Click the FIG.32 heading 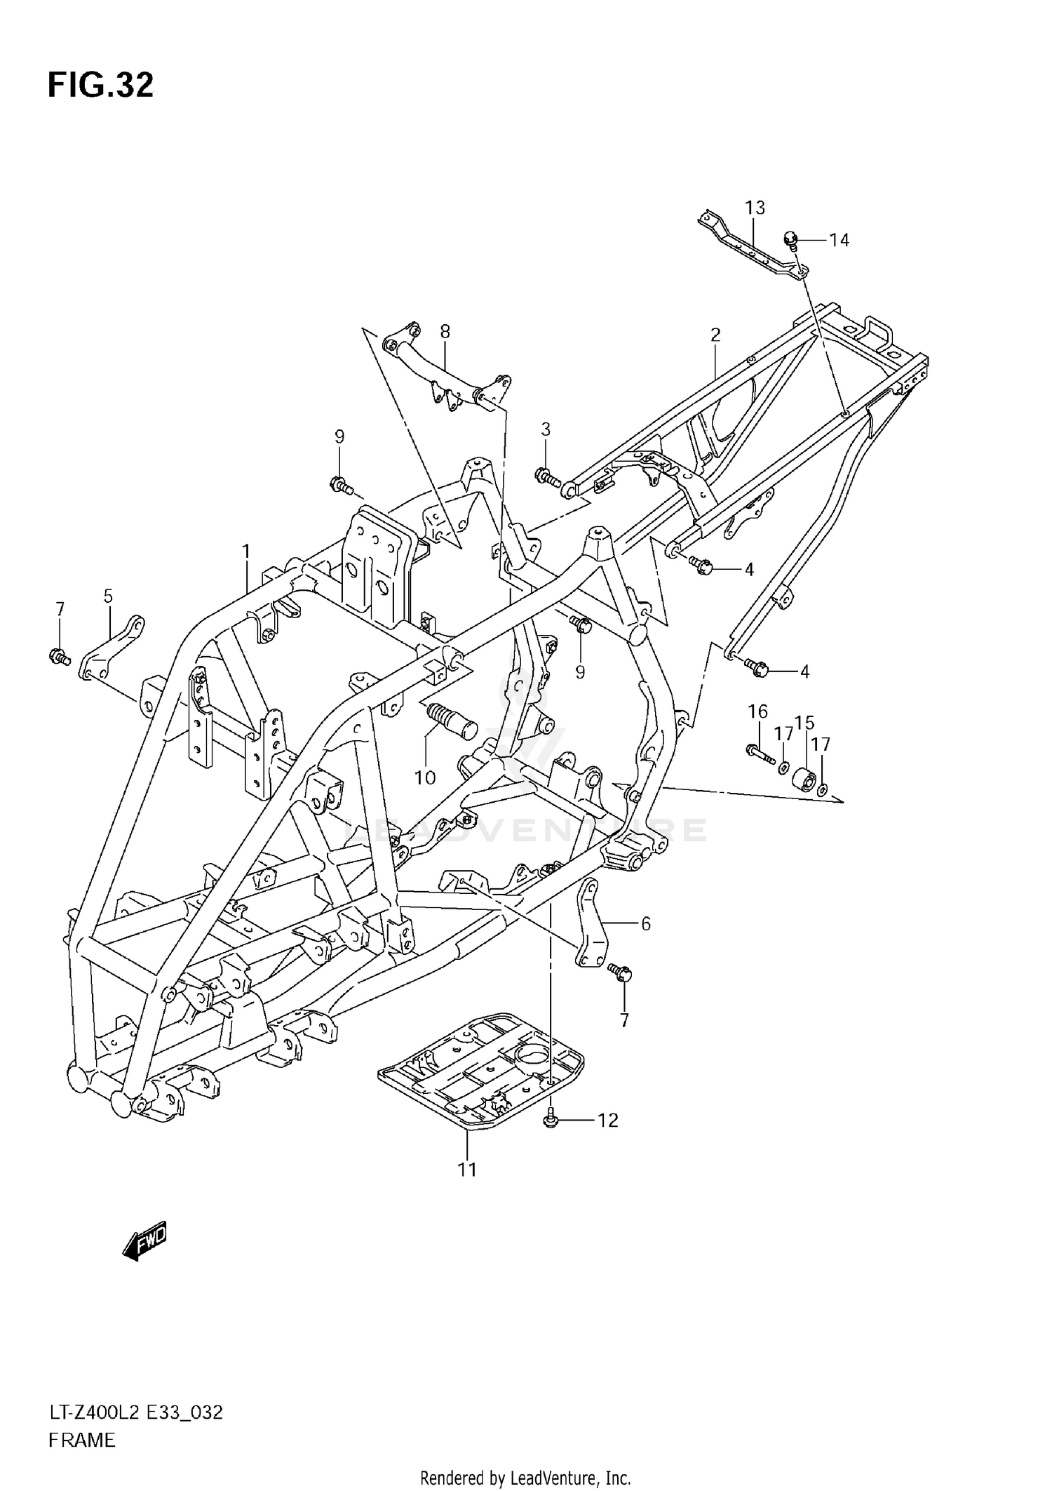click(100, 86)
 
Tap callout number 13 click(755, 208)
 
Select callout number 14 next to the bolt click(839, 241)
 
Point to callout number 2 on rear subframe click(715, 335)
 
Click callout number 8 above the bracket click(445, 331)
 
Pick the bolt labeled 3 click(547, 478)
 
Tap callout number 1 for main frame click(246, 551)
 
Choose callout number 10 click(425, 777)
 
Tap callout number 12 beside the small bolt click(607, 1121)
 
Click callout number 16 click(757, 711)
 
